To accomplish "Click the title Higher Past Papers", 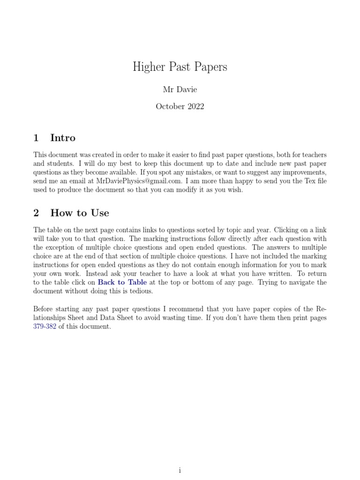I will tap(180, 67).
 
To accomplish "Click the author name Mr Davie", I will tap(180, 89).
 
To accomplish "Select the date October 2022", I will tap(180, 106).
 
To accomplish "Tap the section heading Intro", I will tap(63, 138).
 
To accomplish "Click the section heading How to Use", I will tap(80, 213).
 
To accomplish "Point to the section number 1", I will tap(36, 138).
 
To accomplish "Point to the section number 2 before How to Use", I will tap(36, 213).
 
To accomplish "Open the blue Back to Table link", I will tap(122, 282).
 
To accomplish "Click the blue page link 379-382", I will tap(45, 327).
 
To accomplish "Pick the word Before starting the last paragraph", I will tap(46, 309).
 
